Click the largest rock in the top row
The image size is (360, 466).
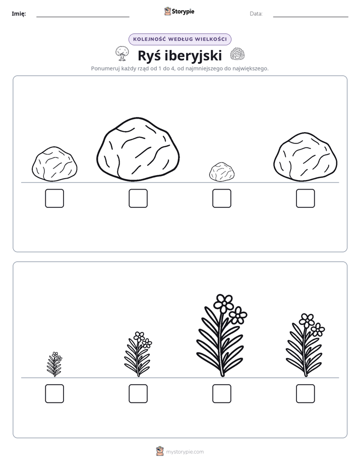tap(138, 149)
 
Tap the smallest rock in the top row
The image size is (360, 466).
tap(221, 172)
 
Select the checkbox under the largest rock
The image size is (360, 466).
tap(138, 198)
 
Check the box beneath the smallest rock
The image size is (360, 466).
tap(221, 198)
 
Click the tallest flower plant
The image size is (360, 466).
tap(221, 335)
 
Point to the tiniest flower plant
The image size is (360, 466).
tap(54, 364)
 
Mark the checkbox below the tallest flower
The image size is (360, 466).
tap(221, 394)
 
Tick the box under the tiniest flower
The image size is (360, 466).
tap(54, 394)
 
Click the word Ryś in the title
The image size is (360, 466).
tap(149, 55)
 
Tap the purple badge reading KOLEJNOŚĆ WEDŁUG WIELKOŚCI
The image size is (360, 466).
tap(179, 39)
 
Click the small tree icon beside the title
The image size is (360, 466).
tap(122, 53)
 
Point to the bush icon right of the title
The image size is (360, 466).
tap(237, 54)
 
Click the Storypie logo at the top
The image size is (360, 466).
tap(179, 11)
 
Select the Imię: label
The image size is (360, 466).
tap(19, 14)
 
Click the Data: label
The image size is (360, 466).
tap(256, 14)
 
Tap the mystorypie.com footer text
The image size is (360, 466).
tap(185, 452)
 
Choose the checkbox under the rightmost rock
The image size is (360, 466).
tap(306, 198)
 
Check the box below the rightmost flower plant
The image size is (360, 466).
tap(306, 394)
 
